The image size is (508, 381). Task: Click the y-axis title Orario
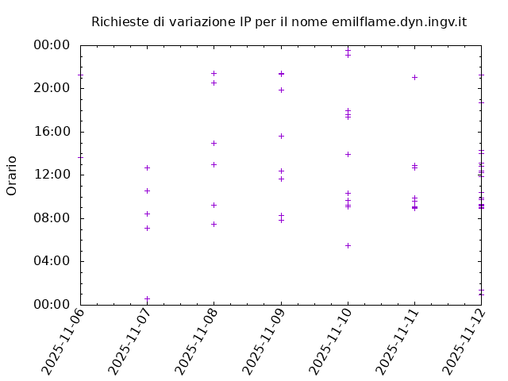click(x=12, y=175)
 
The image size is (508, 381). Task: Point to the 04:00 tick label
click(x=52, y=261)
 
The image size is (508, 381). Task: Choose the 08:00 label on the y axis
click(x=52, y=218)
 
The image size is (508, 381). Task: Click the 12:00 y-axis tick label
click(x=52, y=175)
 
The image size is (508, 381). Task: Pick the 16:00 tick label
click(x=52, y=132)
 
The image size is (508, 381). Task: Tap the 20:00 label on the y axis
click(x=52, y=88)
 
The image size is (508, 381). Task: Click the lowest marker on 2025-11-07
click(x=147, y=298)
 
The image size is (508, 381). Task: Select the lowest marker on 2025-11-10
click(x=348, y=245)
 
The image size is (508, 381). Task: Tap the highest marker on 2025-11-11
click(x=414, y=77)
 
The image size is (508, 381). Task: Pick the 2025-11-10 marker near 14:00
click(x=348, y=154)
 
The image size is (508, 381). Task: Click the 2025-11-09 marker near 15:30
click(x=281, y=136)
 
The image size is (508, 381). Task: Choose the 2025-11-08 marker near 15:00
click(x=214, y=143)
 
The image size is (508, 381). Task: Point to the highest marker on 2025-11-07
click(x=147, y=167)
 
